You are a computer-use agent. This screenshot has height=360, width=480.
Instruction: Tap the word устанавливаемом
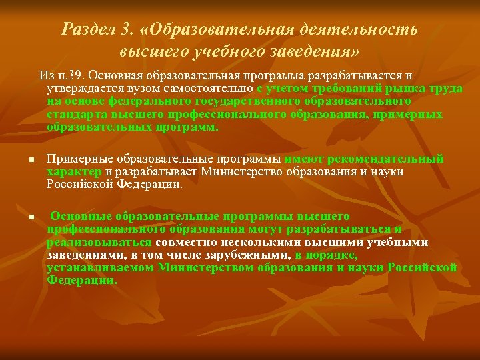[101, 268]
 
